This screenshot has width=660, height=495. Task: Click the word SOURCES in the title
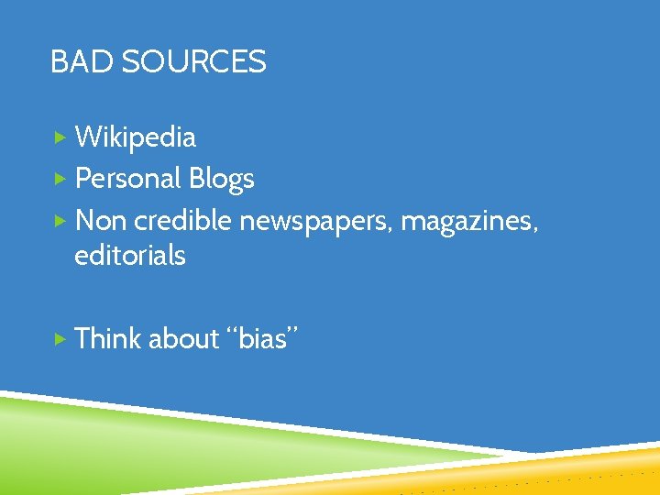tap(193, 62)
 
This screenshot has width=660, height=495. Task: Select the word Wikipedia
tap(135, 137)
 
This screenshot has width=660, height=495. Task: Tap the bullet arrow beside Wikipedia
tap(60, 137)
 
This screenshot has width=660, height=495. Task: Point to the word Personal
tap(127, 179)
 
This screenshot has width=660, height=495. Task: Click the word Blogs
tap(221, 180)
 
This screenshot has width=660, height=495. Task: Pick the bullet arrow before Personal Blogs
tap(60, 179)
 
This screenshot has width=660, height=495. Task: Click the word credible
tap(183, 220)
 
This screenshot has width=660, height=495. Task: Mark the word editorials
tap(129, 256)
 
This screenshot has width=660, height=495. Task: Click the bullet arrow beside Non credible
tap(60, 220)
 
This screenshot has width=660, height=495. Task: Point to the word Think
tap(108, 339)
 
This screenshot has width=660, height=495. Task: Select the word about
tap(183, 339)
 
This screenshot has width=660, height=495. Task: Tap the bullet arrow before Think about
tap(60, 339)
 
